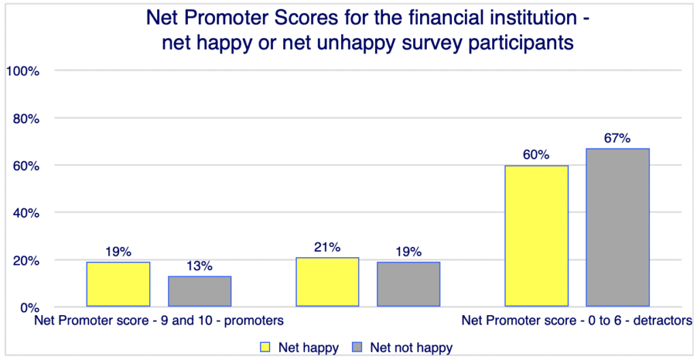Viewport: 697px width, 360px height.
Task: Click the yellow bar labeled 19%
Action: coord(118,284)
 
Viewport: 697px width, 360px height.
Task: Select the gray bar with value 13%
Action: coord(199,291)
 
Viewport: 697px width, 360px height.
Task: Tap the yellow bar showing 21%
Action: coord(327,282)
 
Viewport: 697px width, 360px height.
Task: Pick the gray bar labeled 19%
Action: coord(408,284)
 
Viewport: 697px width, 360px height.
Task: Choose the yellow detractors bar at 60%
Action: coord(536,236)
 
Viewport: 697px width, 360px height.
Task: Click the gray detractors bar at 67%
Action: coord(617,228)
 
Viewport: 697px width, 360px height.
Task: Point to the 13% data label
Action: coord(199,266)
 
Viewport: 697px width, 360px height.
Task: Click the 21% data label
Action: coord(327,248)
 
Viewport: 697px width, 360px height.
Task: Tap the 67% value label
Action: coord(617,138)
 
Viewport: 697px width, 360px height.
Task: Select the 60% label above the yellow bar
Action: coord(536,154)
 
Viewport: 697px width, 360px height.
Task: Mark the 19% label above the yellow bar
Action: coord(118,251)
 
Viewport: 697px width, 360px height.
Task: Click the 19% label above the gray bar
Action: coord(408,252)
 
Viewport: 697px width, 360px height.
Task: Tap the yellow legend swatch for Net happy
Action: coord(265,347)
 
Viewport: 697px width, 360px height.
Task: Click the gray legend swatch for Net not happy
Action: coord(357,347)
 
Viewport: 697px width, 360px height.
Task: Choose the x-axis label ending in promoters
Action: coord(159,319)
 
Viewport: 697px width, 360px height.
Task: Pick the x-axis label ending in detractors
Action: coord(577,319)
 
